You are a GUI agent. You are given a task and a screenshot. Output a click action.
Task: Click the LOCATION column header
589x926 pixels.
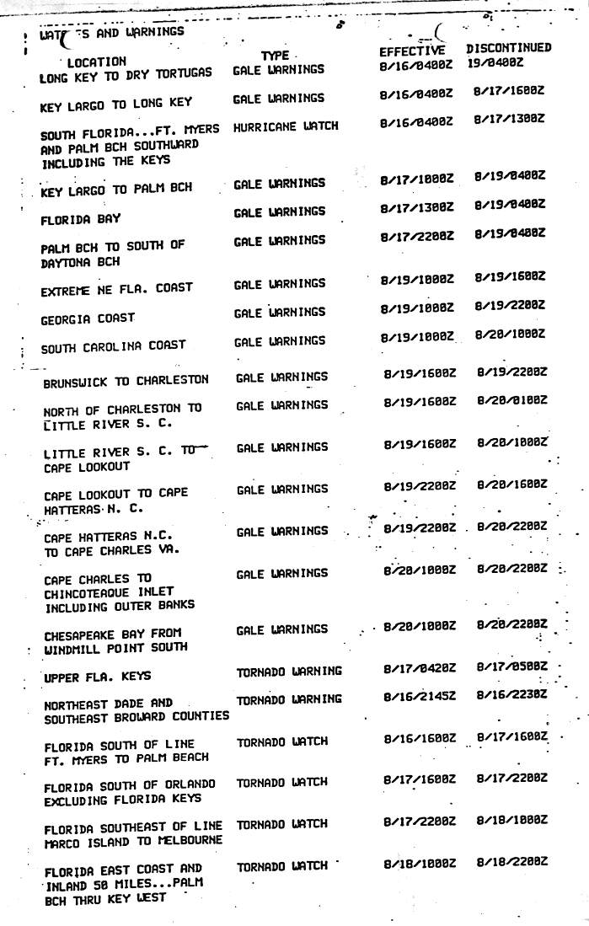tap(97, 62)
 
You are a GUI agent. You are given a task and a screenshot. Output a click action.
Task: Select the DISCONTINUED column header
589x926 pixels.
tap(510, 49)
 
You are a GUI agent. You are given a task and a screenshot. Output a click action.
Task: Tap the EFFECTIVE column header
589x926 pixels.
tap(412, 50)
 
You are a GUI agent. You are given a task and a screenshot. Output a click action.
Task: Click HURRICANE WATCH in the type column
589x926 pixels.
tap(285, 126)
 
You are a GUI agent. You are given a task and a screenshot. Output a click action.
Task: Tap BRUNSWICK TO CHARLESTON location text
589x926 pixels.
tap(126, 381)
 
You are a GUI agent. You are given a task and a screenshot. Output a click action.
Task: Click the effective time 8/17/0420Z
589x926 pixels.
tap(418, 671)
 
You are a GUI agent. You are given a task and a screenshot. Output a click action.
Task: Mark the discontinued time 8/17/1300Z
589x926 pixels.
tap(508, 120)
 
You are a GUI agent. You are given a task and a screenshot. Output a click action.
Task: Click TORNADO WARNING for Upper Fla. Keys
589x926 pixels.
tap(289, 672)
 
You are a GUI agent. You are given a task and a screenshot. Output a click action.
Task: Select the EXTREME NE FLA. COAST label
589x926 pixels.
tap(116, 288)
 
